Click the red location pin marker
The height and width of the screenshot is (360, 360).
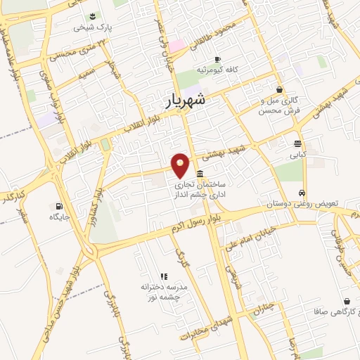pyautogui.click(x=181, y=165)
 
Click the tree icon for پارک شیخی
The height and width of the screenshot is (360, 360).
pyautogui.click(x=92, y=16)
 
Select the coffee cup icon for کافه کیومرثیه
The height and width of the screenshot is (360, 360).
pyautogui.click(x=217, y=59)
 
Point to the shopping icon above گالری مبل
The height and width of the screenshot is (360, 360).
pyautogui.click(x=280, y=90)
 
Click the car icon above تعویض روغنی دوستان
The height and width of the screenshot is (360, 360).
pyautogui.click(x=302, y=193)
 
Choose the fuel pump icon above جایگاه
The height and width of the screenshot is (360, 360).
pyautogui.click(x=57, y=206)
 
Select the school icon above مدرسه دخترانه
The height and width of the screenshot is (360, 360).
pyautogui.click(x=164, y=276)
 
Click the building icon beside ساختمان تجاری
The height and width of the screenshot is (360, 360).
pyautogui.click(x=201, y=174)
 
